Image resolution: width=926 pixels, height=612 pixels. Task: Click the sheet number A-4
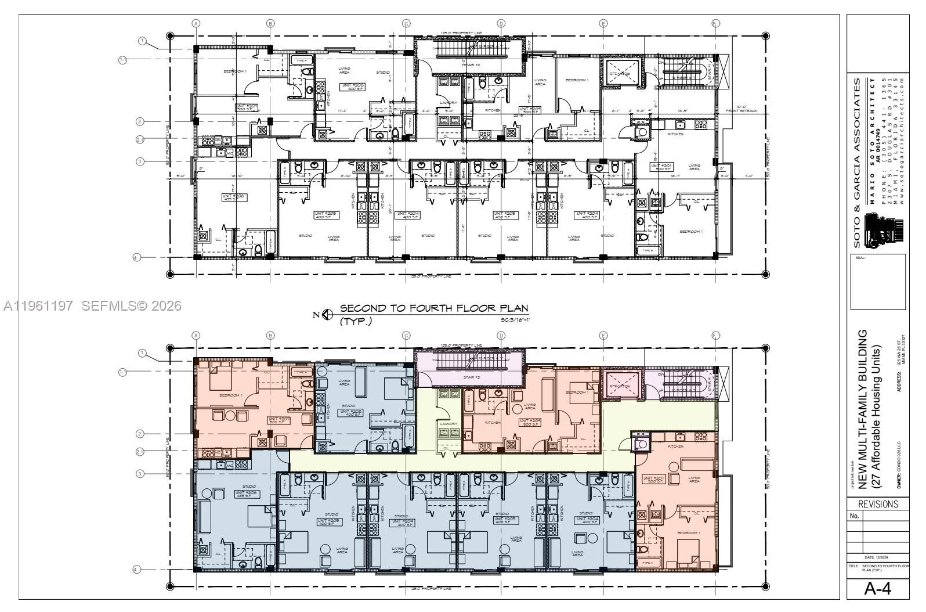click(877, 588)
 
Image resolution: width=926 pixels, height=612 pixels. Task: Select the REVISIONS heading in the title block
click(878, 504)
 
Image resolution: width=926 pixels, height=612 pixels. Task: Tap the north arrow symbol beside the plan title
click(327, 315)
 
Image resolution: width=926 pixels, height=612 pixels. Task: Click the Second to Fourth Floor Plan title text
click(433, 308)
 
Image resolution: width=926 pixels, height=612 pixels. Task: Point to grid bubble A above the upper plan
click(196, 23)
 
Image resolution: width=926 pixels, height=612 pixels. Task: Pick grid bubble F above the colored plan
click(715, 336)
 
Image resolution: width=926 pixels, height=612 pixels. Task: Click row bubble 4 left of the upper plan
click(136, 257)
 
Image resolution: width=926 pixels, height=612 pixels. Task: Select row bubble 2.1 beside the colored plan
click(140, 452)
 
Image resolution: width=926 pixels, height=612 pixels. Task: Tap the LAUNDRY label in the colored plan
click(448, 424)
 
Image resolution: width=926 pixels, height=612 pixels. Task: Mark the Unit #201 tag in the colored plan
click(654, 480)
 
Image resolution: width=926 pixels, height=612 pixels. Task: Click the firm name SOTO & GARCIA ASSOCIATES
click(857, 163)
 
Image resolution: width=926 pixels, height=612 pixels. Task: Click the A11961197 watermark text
click(38, 305)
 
